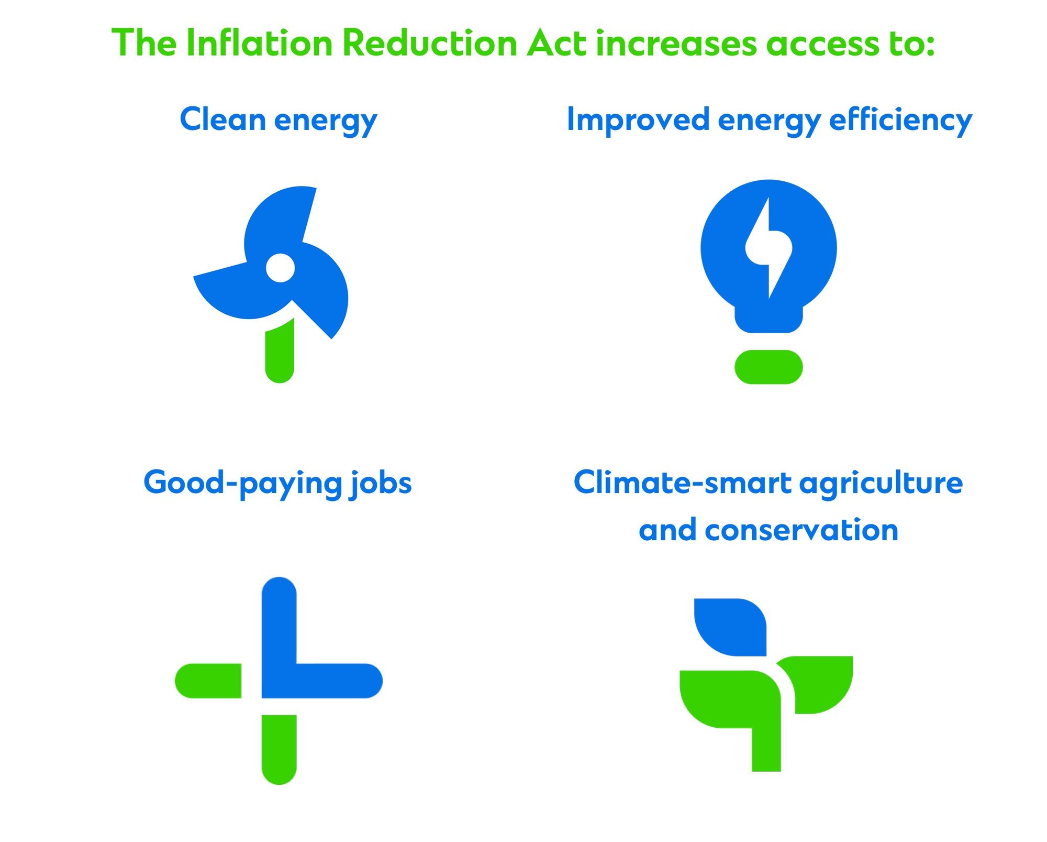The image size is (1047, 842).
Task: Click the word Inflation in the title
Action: point(259,42)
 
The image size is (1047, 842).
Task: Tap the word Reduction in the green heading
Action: point(430,42)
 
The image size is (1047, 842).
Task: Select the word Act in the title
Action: point(556,42)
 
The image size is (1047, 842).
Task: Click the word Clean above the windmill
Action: point(222,119)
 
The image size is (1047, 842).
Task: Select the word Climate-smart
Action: point(683,482)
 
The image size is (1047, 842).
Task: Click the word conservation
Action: point(801,530)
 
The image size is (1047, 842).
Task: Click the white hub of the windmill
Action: point(280,268)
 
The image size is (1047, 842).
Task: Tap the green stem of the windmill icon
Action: point(280,350)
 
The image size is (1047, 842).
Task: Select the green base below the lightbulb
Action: point(768,367)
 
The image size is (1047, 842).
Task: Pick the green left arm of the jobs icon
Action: point(208,681)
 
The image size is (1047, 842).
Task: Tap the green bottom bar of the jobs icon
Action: point(279,749)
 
